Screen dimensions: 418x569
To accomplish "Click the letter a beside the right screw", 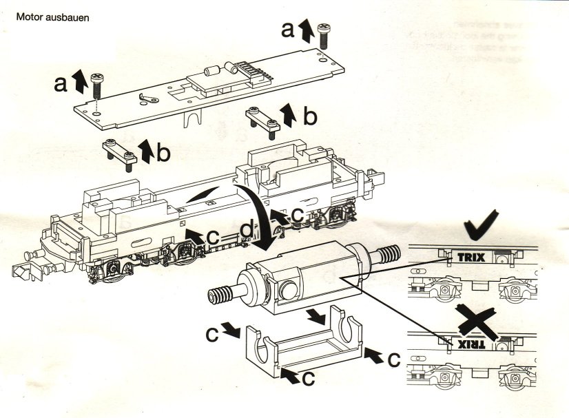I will coord(288,29).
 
